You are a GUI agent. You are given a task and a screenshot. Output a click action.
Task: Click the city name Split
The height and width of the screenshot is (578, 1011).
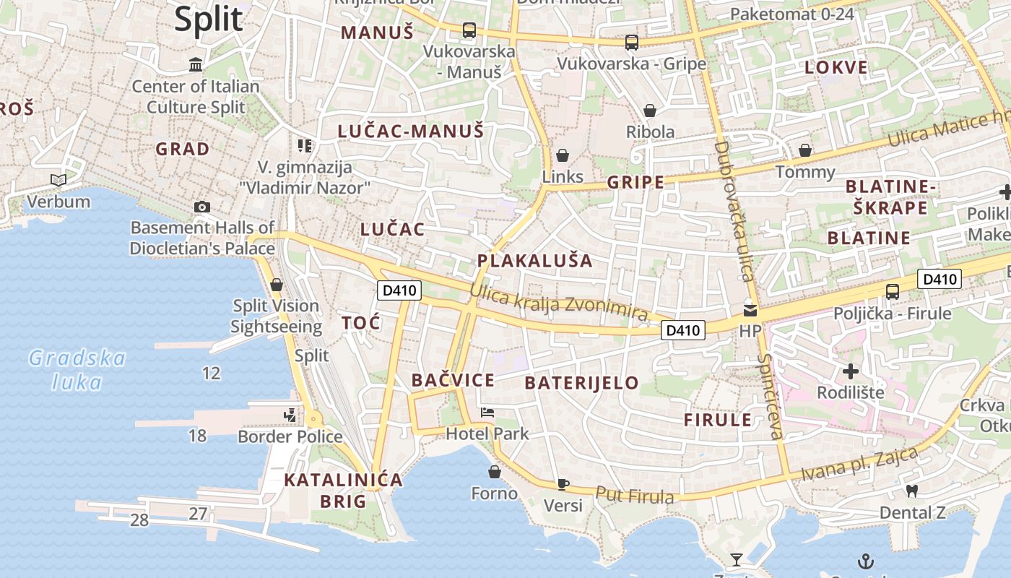point(208,19)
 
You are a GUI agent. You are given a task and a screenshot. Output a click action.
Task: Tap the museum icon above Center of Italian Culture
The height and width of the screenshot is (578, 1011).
point(196,65)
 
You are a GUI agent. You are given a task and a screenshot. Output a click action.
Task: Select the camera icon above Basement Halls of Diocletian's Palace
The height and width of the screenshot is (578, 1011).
point(202,207)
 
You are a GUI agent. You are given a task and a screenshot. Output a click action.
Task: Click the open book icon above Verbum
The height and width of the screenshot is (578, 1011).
point(58,180)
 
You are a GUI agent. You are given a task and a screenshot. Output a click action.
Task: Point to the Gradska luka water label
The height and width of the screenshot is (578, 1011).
point(77,369)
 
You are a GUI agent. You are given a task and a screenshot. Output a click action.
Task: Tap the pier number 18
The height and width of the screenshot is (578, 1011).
point(197,436)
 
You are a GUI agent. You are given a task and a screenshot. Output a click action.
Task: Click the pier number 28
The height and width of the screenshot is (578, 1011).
point(139,519)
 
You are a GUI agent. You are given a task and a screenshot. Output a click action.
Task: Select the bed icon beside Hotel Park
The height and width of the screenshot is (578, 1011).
point(487,413)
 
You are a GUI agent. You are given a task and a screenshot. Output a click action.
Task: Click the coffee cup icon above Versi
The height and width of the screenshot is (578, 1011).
point(563,484)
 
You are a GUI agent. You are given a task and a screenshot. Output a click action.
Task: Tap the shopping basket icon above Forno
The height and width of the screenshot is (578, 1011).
point(495,472)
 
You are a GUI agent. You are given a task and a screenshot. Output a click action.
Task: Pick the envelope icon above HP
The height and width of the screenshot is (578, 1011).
point(750,311)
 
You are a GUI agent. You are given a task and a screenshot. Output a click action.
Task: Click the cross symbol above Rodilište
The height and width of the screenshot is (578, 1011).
point(851,371)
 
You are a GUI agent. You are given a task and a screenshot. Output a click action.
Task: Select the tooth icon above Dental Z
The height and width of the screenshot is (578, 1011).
point(912,491)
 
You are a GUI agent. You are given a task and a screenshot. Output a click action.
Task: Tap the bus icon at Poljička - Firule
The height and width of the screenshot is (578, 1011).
point(893,292)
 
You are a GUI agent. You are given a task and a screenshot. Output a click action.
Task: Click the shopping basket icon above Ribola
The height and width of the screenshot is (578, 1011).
point(650,111)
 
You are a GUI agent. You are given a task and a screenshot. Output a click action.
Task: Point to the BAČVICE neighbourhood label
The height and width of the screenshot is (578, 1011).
point(453,380)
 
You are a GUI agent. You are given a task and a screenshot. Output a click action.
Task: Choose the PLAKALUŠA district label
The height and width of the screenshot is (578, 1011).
point(534,261)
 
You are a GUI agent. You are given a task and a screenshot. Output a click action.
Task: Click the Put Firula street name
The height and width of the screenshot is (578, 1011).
point(634,496)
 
